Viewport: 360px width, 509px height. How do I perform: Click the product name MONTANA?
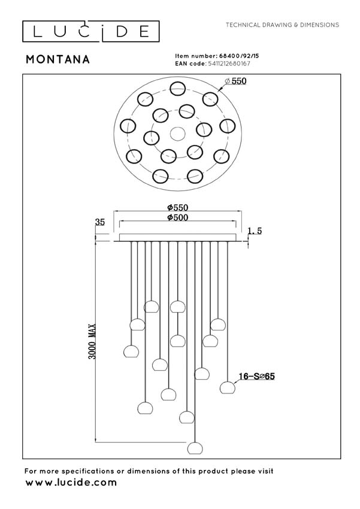coord(58,59)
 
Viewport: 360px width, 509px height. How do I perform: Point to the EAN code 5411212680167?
coord(228,63)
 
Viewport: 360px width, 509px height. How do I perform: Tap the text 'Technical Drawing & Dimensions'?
coord(282,25)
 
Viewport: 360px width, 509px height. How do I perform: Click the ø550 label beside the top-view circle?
coord(235,81)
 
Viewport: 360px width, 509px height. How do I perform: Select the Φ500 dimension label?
coord(177,217)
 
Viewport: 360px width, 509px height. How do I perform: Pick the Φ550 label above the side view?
coord(177,207)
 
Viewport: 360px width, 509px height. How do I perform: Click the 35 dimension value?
coord(100,222)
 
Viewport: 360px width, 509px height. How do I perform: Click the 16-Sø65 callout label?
coord(256,377)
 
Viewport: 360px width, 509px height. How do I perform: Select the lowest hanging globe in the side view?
coord(193,448)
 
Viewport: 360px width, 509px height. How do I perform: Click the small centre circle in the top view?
coord(177,133)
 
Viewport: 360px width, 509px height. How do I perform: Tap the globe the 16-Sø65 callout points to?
coord(226,387)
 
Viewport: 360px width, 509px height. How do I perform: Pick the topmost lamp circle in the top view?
coord(177,89)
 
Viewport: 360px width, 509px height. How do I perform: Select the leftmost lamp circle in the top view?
coord(127,126)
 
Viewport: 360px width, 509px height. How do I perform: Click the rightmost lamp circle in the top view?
coord(227,126)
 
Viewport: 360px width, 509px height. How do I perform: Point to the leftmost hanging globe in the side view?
coord(129,352)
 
